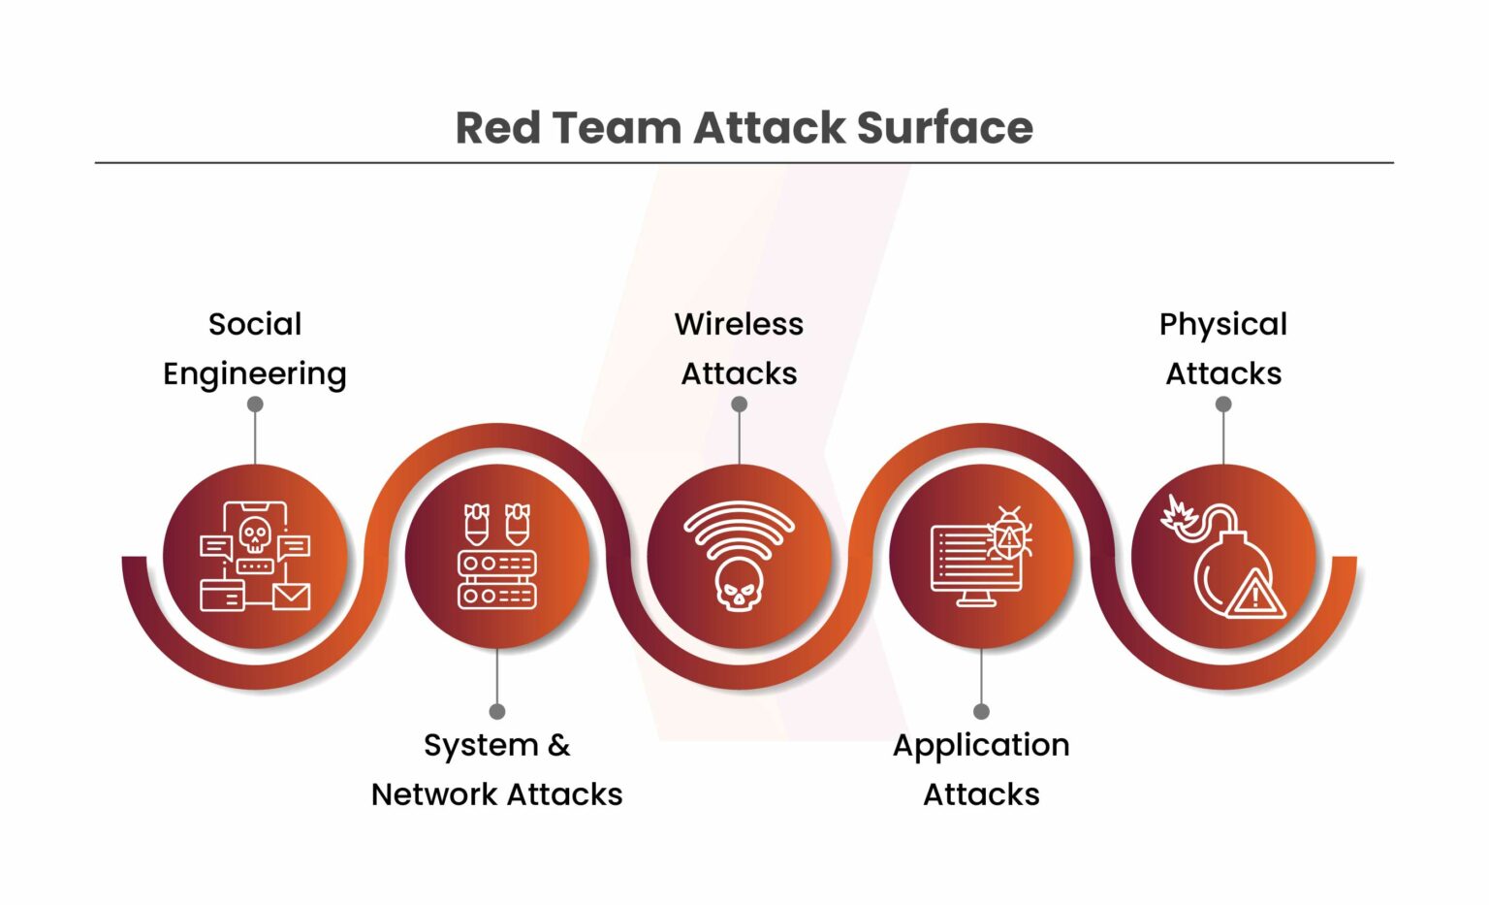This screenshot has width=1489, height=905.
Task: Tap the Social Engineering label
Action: [255, 348]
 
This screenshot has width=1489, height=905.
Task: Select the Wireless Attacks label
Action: [739, 348]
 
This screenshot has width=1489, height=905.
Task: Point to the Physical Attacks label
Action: [1223, 348]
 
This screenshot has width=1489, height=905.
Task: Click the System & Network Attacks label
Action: [496, 769]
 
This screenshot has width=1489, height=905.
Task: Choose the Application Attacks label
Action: [981, 769]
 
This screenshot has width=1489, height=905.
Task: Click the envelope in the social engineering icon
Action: [291, 596]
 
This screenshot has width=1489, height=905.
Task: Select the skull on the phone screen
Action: [255, 534]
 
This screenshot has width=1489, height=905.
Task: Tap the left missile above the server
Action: [476, 524]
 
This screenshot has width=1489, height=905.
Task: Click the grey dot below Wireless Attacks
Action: [739, 404]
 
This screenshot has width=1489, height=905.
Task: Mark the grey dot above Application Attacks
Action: [981, 711]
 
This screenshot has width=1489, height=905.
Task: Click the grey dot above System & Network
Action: [497, 711]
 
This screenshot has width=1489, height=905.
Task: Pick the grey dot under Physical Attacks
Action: [1223, 404]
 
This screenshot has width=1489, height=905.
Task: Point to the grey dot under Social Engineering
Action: [255, 404]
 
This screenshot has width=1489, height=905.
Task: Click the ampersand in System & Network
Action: [558, 745]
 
